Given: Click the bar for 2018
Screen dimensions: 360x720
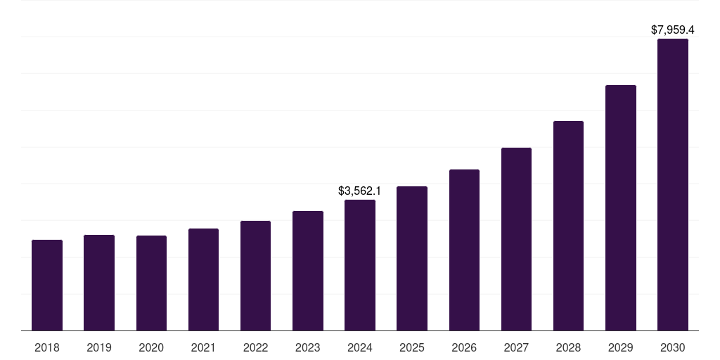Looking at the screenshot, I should pos(47,285).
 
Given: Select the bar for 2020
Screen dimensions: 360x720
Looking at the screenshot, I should pos(151,283).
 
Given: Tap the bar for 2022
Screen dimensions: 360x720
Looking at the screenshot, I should pos(255,276).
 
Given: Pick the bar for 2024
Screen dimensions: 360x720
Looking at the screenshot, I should pos(360,265).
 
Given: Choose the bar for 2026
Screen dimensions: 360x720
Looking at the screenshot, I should pos(464,250).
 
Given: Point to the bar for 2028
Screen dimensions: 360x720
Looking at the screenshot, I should pos(568,226).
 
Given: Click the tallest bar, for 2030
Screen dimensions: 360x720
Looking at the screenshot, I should pos(673,184).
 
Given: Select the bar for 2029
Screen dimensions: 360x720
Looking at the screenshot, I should pos(621,207).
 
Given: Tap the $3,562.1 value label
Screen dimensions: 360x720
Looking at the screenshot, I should pos(359,191).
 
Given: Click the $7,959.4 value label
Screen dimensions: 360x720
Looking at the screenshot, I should pos(672,30).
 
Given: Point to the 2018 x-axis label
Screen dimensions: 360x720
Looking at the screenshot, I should pos(47,347).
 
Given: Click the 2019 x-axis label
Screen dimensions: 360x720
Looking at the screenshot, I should pos(99,347).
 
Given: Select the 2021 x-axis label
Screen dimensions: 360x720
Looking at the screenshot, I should pos(203,347).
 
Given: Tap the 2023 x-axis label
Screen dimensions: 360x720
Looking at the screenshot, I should pos(308,347).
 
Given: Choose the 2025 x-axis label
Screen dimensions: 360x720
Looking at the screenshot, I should pos(412,347).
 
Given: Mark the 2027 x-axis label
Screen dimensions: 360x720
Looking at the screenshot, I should pos(516,347).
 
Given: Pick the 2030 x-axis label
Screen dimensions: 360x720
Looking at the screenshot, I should pos(673,347).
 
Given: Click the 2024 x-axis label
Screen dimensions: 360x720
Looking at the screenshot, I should pos(360,347).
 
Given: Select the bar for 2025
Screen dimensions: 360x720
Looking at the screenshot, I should pos(412,258).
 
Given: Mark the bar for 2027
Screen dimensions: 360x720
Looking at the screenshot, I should pos(516,239).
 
